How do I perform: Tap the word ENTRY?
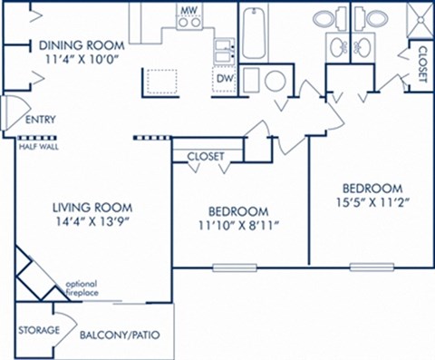pos(40,119)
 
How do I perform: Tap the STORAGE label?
pos(38,330)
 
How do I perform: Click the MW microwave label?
pos(188,10)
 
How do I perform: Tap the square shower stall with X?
pos(416,19)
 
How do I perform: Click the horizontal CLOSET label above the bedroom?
pos(206,156)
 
